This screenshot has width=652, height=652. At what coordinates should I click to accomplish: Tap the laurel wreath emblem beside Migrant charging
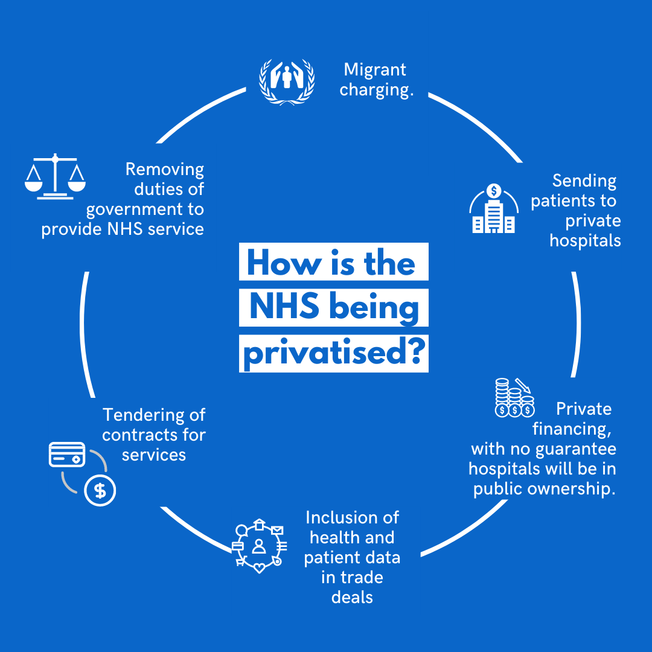click(287, 81)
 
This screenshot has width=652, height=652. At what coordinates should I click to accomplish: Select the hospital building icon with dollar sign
click(494, 209)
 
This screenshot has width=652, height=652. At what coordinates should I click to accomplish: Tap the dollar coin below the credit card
click(100, 491)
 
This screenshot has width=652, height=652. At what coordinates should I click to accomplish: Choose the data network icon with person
click(259, 546)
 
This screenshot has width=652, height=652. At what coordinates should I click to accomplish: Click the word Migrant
click(375, 70)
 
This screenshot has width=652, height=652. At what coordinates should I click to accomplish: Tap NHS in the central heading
click(284, 308)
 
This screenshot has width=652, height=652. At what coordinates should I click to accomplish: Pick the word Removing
click(165, 169)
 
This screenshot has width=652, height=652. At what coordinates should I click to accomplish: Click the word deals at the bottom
click(352, 597)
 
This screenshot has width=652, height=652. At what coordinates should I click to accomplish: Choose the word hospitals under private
click(585, 240)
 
